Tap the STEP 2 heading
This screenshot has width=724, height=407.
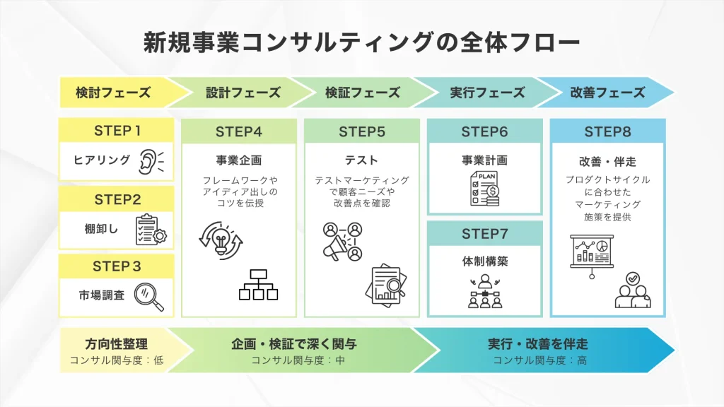tap(117, 199)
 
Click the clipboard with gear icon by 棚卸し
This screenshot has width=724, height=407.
tap(150, 229)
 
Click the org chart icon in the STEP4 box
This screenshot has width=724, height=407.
tap(258, 285)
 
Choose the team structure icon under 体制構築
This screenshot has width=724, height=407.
tap(485, 290)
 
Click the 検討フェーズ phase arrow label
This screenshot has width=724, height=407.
tap(114, 93)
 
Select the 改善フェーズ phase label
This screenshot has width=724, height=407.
tap(607, 93)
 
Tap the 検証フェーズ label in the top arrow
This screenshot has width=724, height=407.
tap(363, 93)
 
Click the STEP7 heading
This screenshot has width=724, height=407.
tap(485, 234)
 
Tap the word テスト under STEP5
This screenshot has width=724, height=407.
tap(362, 160)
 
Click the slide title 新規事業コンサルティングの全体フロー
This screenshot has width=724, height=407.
tap(362, 42)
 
